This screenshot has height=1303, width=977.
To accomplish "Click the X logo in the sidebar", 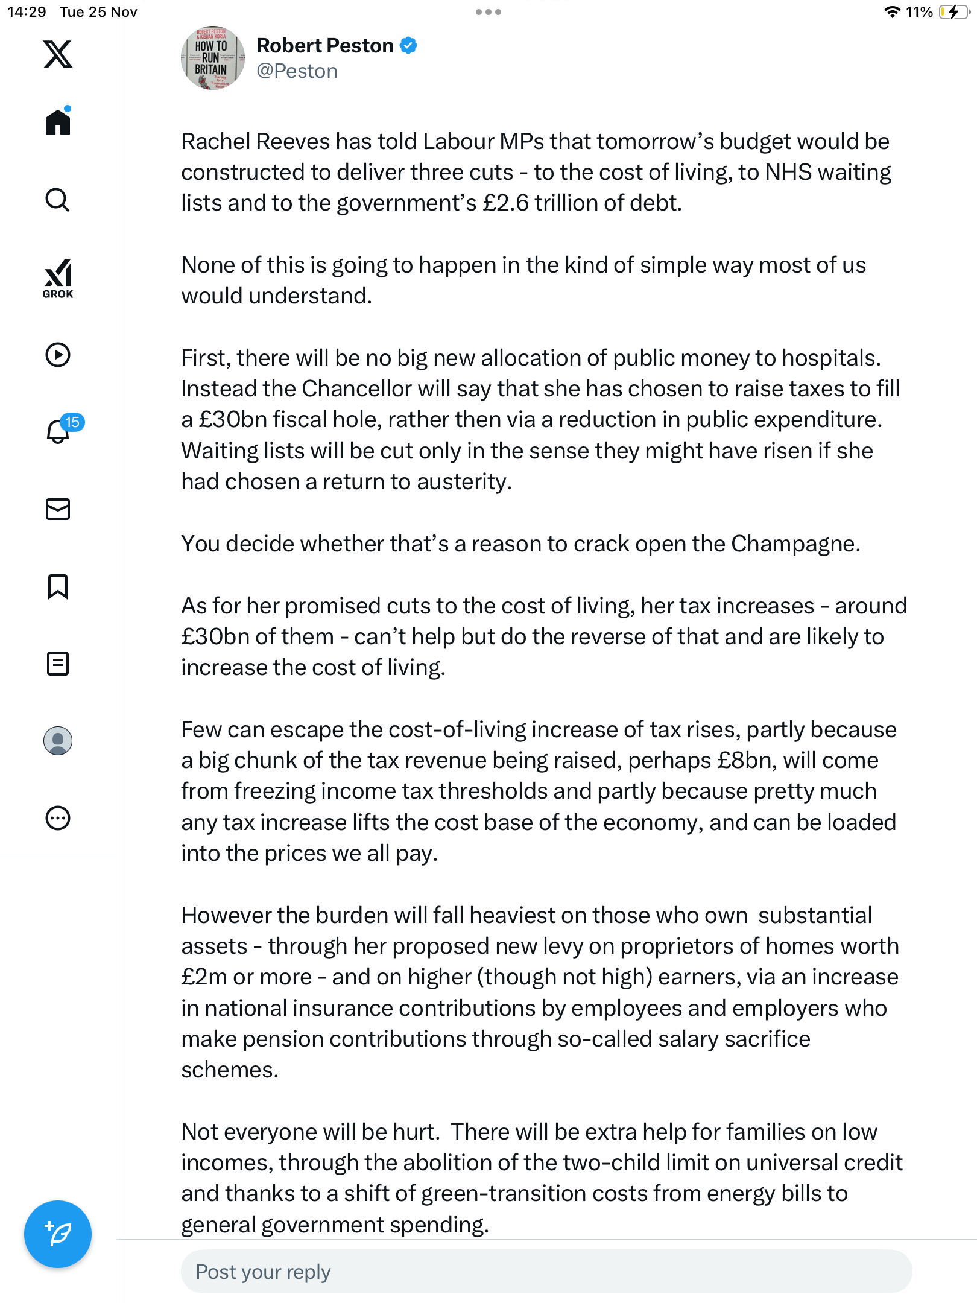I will click(x=58, y=54).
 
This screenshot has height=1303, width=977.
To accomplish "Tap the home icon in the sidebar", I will click(x=58, y=122).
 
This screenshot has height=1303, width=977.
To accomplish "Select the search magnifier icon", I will click(x=58, y=200).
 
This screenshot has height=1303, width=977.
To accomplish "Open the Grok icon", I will click(x=58, y=278).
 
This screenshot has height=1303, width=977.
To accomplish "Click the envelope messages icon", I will click(x=58, y=509).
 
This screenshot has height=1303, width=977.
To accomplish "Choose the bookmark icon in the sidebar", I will click(x=58, y=586).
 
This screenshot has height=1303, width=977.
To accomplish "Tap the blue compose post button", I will click(x=58, y=1234).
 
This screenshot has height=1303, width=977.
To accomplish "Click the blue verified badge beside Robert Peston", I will click(x=408, y=46).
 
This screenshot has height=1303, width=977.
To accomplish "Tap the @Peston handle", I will click(x=297, y=71).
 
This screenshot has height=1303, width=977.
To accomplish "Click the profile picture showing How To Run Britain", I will click(x=212, y=58).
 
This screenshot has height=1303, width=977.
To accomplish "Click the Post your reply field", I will click(x=546, y=1272).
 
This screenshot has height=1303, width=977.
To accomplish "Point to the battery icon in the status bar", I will click(x=953, y=12).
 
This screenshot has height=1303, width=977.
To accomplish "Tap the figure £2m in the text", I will click(x=204, y=977).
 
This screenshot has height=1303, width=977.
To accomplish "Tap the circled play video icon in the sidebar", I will click(x=58, y=355).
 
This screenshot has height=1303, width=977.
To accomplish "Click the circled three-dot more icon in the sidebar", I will click(x=58, y=819).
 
